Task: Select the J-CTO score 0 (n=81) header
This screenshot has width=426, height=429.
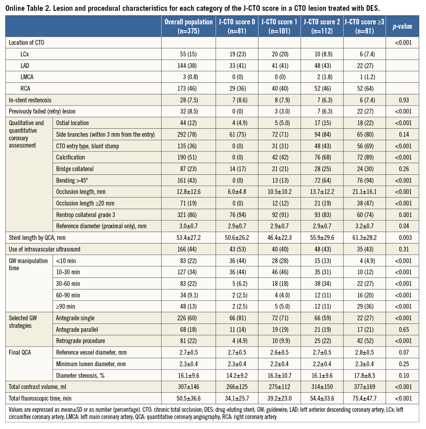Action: point(236,26)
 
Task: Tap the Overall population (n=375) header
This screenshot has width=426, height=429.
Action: point(188,26)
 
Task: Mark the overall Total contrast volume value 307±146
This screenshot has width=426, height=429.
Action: point(188,386)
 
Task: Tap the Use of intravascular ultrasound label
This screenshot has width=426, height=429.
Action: point(45,249)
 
